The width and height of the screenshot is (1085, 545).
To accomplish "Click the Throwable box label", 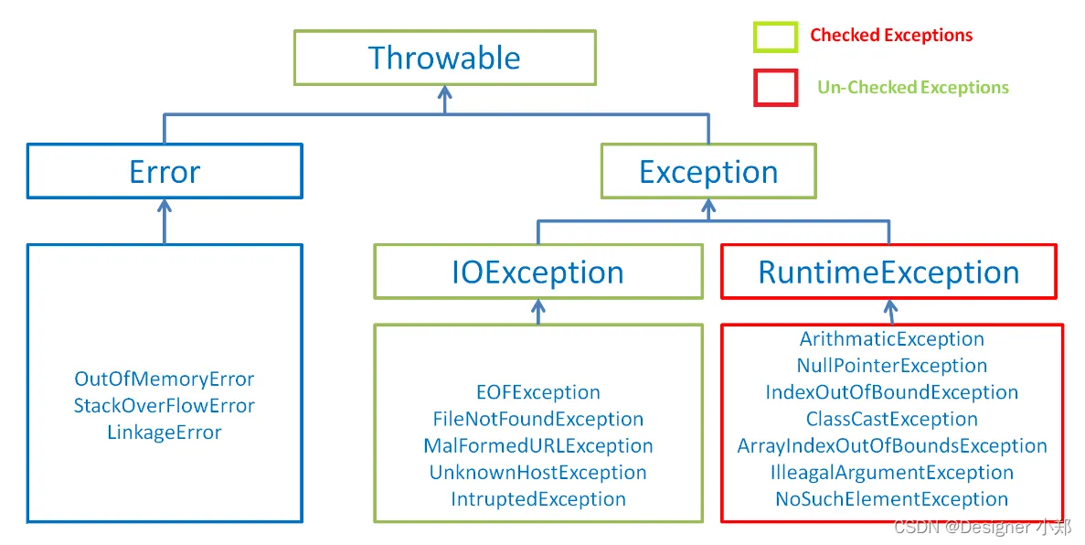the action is [x=444, y=59].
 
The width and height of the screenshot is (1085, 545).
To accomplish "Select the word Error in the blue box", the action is [x=165, y=172].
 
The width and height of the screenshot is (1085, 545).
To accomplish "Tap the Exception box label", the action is [x=708, y=173].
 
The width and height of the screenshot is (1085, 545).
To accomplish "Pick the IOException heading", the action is [x=537, y=272].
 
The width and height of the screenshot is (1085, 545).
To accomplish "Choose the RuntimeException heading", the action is [x=888, y=272].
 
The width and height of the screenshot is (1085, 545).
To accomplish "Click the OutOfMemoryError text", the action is [x=164, y=379].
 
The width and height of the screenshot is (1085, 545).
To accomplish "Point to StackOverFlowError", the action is [x=164, y=406].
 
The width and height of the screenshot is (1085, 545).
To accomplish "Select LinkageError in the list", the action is [x=164, y=433].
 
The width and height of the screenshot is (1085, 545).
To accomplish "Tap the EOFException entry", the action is [x=537, y=392].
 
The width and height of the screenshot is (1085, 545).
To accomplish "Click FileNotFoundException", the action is [x=537, y=419].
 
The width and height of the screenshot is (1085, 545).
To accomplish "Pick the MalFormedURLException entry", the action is [x=537, y=446].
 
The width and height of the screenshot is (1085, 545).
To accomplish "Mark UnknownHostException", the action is [x=537, y=473].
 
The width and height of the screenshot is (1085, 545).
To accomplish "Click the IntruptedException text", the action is [x=537, y=499].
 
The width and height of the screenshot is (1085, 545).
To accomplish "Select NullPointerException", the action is [x=891, y=366].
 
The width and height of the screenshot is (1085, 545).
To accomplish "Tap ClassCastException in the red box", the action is [x=891, y=419].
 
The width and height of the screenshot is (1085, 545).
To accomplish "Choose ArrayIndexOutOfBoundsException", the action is [x=891, y=446].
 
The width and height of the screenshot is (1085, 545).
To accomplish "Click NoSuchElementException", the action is [x=891, y=499].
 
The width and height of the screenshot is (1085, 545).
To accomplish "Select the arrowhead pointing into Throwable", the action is [x=445, y=91].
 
